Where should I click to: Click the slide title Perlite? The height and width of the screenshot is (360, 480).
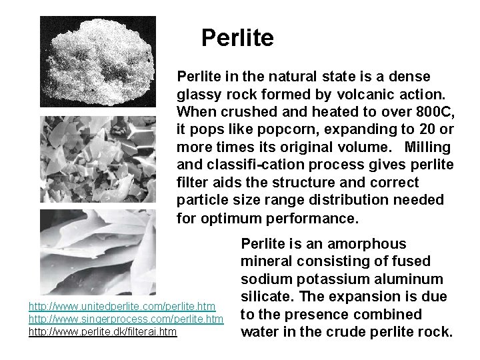pos(237,38)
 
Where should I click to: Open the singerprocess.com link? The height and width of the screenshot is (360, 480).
pos(125,318)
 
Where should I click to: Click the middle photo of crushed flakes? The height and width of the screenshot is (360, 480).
pos(99,159)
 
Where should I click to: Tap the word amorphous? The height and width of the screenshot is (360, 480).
pos(373,245)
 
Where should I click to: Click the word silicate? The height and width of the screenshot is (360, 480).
pos(262,297)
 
